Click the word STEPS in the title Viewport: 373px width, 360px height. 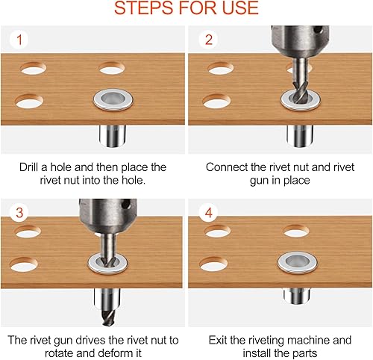click(145, 8)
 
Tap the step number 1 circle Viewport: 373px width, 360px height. click(19, 40)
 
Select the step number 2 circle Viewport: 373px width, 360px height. click(209, 40)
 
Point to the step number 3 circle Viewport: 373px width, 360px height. click(19, 212)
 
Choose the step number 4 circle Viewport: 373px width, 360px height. click(209, 212)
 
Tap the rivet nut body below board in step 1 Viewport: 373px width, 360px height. click(113, 136)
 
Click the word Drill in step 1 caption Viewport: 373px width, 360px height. click(29, 167)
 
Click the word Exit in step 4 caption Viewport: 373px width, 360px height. click(218, 340)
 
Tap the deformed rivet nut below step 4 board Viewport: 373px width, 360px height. click(297, 296)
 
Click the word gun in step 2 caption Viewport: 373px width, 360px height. click(259, 181)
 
